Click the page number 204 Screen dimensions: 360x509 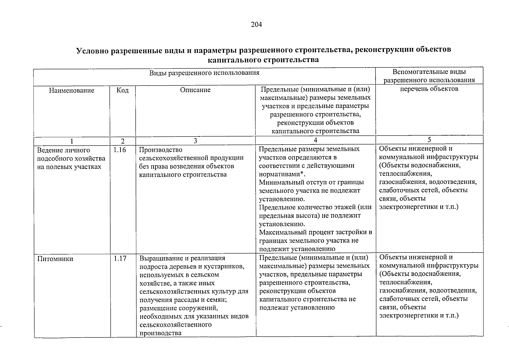click(x=256, y=25)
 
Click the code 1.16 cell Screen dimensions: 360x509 click(x=120, y=150)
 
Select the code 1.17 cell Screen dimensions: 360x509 click(x=120, y=258)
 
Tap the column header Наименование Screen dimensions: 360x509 click(x=72, y=90)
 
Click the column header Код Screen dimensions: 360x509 click(x=122, y=90)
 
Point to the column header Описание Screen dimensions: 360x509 click(x=195, y=90)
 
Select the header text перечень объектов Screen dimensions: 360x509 click(x=429, y=89)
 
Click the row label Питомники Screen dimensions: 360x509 click(x=55, y=259)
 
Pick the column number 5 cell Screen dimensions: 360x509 click(x=429, y=139)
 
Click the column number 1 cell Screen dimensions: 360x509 click(x=71, y=141)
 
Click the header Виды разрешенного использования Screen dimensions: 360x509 click(x=204, y=73)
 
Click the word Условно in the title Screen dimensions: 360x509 click(x=92, y=50)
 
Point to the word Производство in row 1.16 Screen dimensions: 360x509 click(x=160, y=150)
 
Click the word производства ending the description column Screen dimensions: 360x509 click(x=160, y=333)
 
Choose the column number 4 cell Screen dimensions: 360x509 click(x=315, y=140)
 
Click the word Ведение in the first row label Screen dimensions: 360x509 click(x=49, y=150)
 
